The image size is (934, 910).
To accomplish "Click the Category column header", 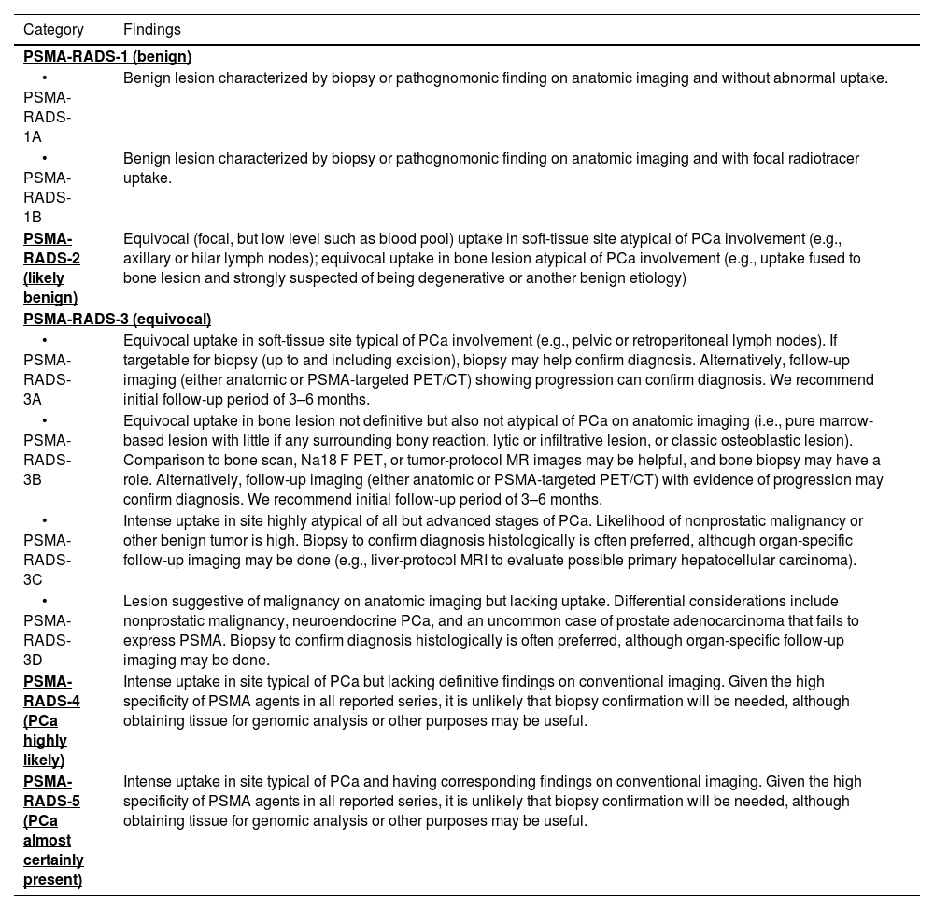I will point(53,30).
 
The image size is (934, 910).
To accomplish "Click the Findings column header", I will point(152,30).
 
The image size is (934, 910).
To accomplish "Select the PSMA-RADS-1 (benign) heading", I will point(107,57).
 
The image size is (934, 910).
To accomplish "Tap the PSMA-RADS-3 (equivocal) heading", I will point(117,320).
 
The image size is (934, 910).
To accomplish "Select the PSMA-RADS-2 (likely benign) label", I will point(51,268).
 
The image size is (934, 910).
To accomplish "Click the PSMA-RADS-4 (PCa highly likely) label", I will point(51,720).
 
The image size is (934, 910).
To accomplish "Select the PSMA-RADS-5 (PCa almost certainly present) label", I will point(53,831).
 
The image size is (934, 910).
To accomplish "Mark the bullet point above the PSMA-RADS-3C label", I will point(44,521).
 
